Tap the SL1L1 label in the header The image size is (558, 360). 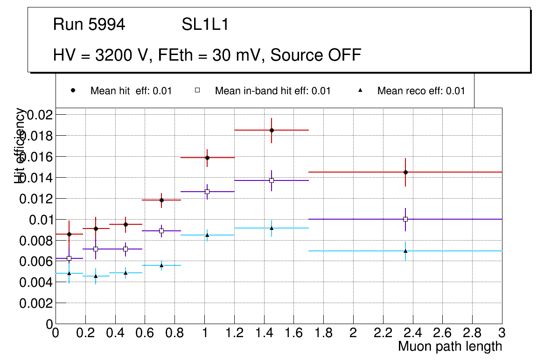(x=205, y=25)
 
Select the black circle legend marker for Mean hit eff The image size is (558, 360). (x=73, y=90)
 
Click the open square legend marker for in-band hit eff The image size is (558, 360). (x=197, y=90)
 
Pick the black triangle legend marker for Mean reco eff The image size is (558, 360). (x=360, y=90)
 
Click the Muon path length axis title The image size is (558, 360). (x=450, y=346)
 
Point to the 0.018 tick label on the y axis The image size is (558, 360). (x=38, y=136)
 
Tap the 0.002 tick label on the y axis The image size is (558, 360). (x=38, y=303)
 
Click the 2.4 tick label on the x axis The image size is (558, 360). (x=413, y=333)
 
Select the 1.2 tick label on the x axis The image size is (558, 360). (x=234, y=333)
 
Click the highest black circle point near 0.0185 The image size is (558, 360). (x=272, y=130)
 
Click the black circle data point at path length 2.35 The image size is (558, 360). (x=405, y=172)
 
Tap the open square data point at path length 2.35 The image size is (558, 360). (x=405, y=219)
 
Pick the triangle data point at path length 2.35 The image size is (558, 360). (x=405, y=251)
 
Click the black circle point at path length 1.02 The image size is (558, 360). (x=207, y=158)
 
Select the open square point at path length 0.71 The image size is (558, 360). (x=161, y=231)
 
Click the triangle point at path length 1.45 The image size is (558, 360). (x=272, y=228)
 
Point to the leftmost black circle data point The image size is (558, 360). (x=69, y=234)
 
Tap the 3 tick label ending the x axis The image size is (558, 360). (x=502, y=333)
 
